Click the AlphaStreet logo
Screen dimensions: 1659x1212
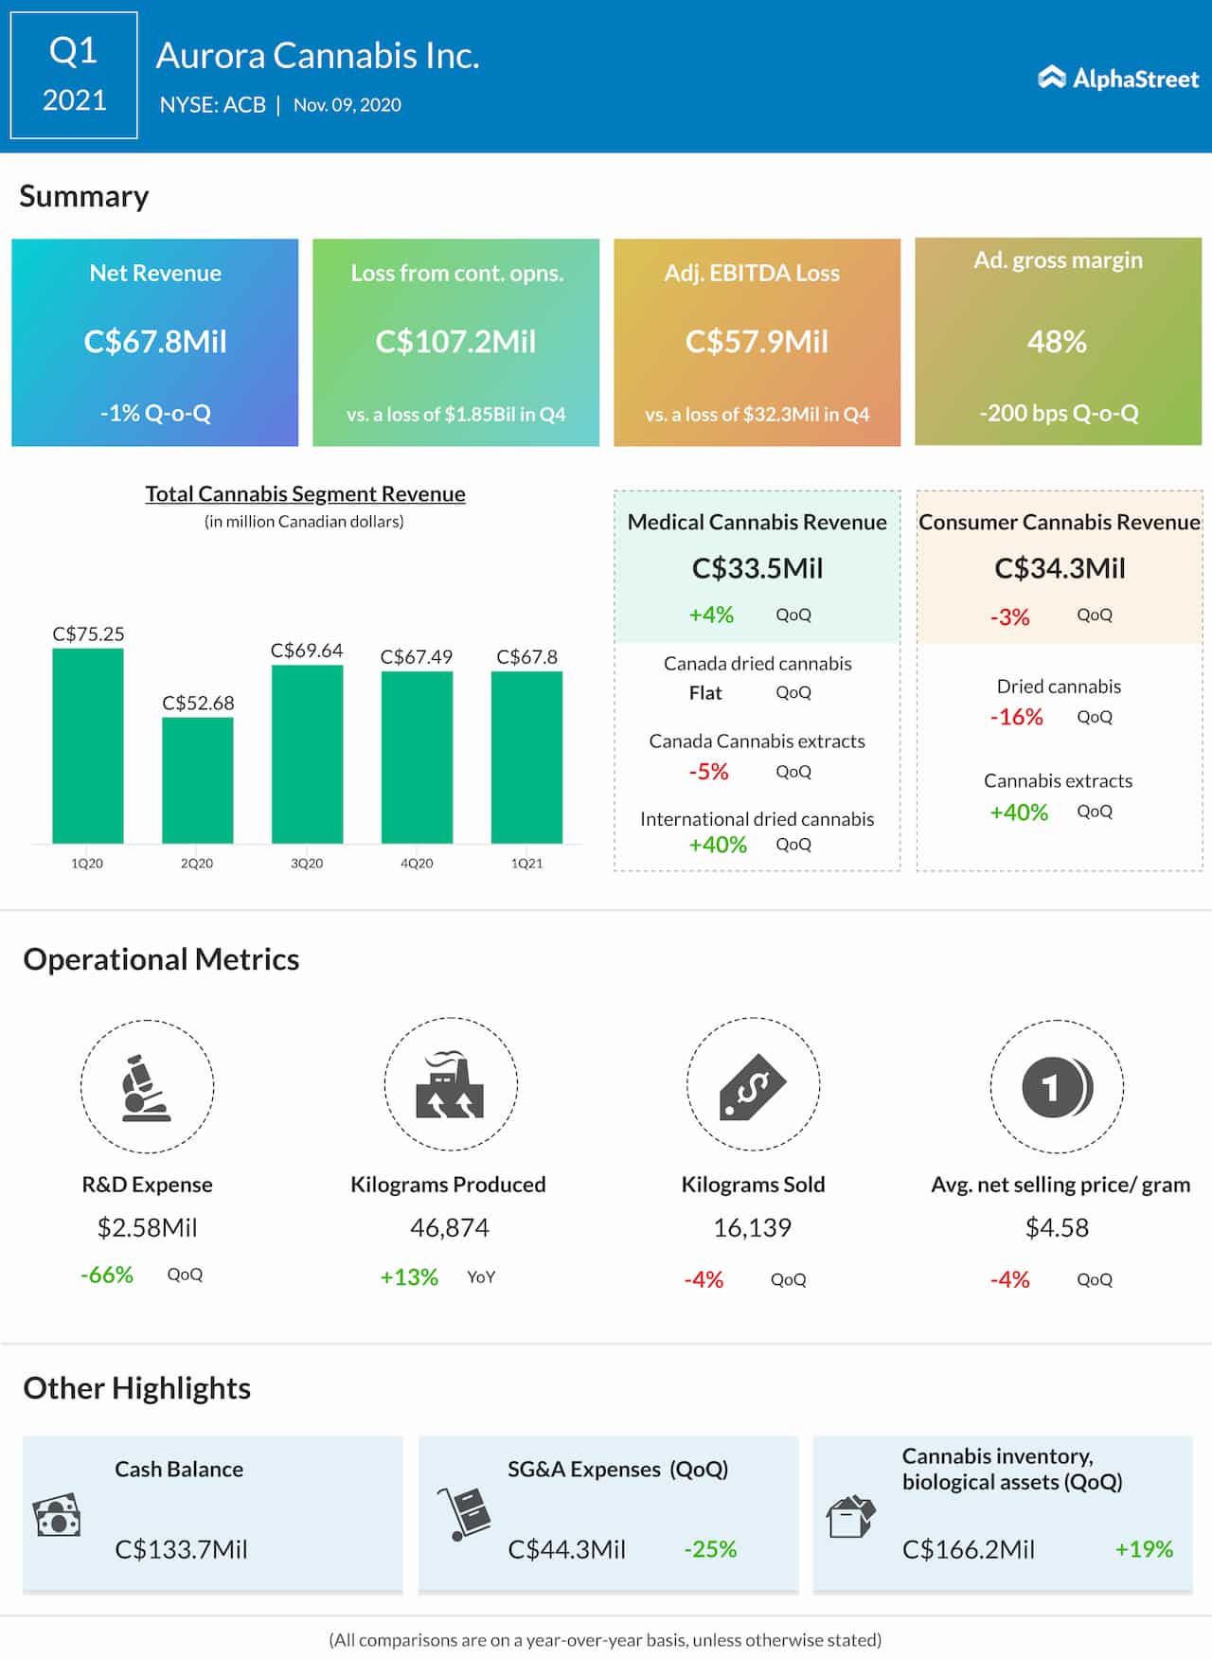(x=1118, y=78)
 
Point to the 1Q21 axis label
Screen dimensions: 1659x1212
(x=526, y=864)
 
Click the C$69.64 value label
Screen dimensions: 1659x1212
(x=306, y=651)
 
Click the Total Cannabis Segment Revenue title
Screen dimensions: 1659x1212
(x=305, y=493)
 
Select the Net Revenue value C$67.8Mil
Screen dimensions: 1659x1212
(x=155, y=341)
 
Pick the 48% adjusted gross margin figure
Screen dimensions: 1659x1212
(x=1057, y=341)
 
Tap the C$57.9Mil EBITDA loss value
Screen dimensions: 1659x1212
(x=757, y=341)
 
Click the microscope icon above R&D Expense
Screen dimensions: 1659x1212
(x=146, y=1087)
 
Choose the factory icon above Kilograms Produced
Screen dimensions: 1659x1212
(x=450, y=1086)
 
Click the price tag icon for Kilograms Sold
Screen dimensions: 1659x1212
(x=753, y=1086)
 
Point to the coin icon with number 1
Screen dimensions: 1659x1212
(x=1057, y=1087)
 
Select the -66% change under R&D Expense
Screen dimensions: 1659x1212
(x=107, y=1275)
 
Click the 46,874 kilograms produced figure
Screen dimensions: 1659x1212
(x=450, y=1227)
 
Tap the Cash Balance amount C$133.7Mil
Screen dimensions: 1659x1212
(x=181, y=1549)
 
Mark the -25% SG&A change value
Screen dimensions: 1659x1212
(x=710, y=1549)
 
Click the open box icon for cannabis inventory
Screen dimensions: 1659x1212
(x=850, y=1517)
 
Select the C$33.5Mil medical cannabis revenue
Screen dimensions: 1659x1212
(x=757, y=568)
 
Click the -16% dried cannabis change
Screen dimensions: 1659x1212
(x=1016, y=717)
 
